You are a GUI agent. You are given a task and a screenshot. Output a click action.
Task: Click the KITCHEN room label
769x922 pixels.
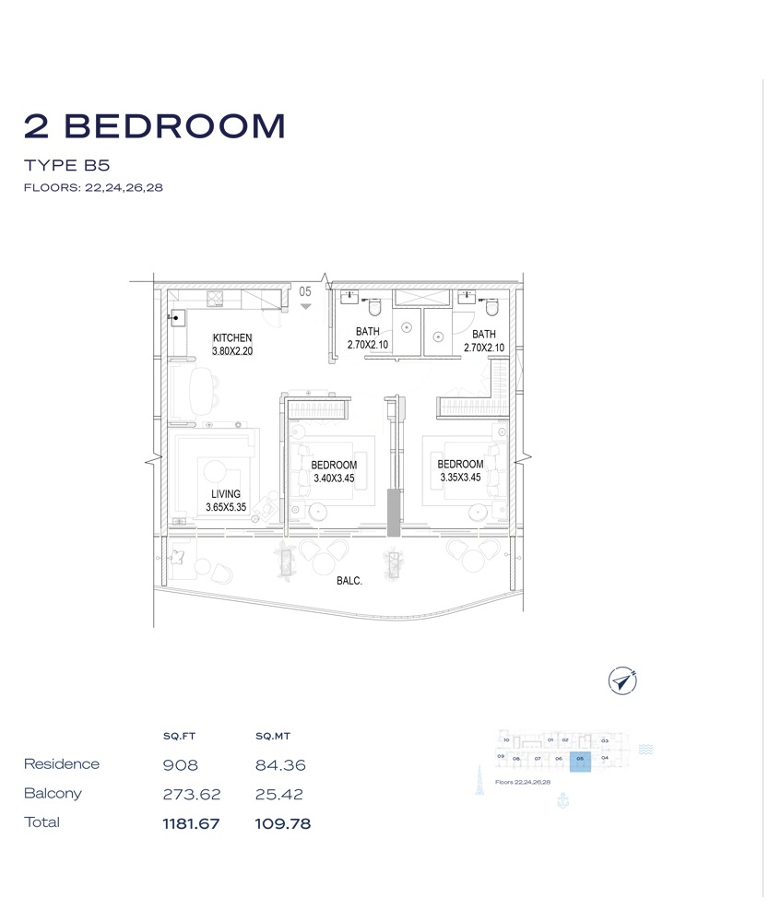pyautogui.click(x=232, y=338)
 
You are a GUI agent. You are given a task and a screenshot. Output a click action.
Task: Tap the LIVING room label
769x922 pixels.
pyautogui.click(x=225, y=494)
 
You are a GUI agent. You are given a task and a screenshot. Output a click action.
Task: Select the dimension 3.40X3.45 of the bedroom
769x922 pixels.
pyautogui.click(x=334, y=479)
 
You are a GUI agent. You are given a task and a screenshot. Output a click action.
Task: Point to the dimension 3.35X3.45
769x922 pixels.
pyautogui.click(x=460, y=478)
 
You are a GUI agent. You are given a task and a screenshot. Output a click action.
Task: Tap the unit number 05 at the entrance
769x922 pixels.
pyautogui.click(x=305, y=291)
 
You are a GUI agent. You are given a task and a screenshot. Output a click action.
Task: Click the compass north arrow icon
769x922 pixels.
pyautogui.click(x=624, y=681)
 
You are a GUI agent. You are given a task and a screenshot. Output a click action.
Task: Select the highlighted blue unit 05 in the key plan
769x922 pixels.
pyautogui.click(x=580, y=761)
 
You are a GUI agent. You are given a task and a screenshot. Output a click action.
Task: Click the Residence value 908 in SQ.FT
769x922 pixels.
pyautogui.click(x=180, y=765)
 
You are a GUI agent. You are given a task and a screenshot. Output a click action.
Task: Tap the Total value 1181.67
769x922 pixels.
pyautogui.click(x=191, y=823)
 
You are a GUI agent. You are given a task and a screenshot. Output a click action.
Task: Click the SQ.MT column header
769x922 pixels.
pyautogui.click(x=273, y=737)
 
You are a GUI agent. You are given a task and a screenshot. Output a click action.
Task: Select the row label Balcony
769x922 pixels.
pyautogui.click(x=53, y=793)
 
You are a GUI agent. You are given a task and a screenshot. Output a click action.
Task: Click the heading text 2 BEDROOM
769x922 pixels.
pyautogui.click(x=155, y=126)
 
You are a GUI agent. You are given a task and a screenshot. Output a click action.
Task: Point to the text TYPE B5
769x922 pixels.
pyautogui.click(x=67, y=166)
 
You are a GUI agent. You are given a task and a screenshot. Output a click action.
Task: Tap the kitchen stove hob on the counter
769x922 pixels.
pyautogui.click(x=215, y=297)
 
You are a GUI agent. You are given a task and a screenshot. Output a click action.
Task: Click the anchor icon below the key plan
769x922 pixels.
pyautogui.click(x=564, y=800)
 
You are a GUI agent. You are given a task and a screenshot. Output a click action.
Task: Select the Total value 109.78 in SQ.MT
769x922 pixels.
pyautogui.click(x=282, y=823)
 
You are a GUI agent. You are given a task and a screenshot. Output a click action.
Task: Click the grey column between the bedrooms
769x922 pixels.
pyautogui.click(x=394, y=513)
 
